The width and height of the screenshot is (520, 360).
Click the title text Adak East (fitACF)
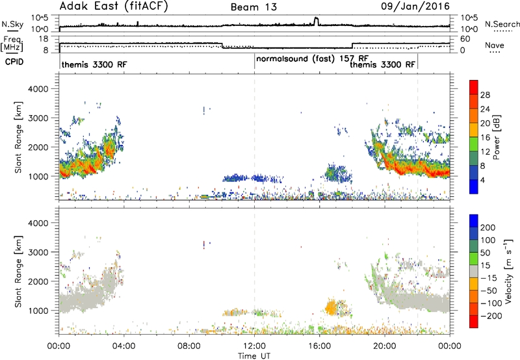(113, 6)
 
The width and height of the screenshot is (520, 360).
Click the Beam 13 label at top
(253, 7)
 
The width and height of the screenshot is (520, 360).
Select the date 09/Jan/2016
(415, 6)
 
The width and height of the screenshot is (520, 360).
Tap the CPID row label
(14, 62)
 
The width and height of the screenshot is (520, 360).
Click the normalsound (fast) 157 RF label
(313, 59)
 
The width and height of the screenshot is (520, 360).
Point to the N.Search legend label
(502, 24)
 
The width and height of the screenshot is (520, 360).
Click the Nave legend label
(495, 45)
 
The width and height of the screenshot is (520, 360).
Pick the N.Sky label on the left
(12, 24)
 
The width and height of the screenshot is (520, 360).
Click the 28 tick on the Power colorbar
(485, 95)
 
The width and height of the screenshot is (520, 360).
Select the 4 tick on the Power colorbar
(482, 180)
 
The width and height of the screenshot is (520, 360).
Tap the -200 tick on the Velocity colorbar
(489, 316)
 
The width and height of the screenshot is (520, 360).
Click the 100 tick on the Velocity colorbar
(487, 240)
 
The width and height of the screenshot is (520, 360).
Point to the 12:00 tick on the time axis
(254, 346)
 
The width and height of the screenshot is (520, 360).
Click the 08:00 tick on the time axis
(189, 346)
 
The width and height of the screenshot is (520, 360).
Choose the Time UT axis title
(254, 356)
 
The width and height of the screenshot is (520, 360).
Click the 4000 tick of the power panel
(38, 89)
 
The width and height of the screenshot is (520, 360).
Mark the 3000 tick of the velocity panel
(38, 252)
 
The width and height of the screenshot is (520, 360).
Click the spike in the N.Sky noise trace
(316, 21)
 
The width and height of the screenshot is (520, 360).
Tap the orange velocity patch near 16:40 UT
(331, 307)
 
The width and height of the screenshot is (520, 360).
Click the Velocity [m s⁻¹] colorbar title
(508, 271)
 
